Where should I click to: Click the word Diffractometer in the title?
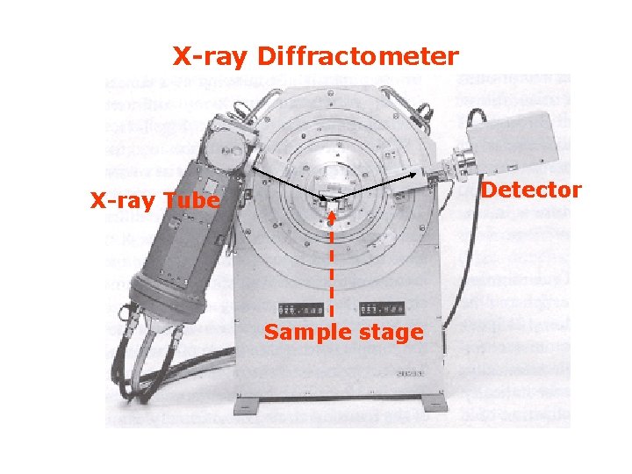click(357, 57)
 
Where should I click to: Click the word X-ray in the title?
click(210, 57)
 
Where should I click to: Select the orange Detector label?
click(532, 190)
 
